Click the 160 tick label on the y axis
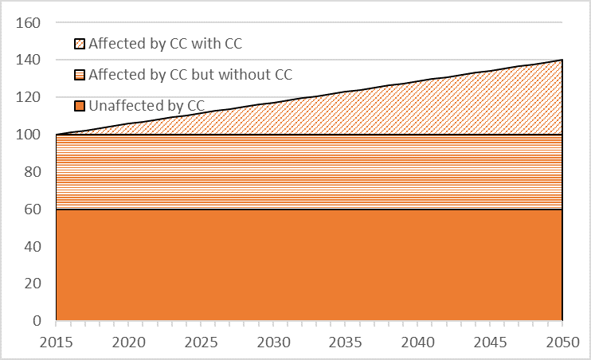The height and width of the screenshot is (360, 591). pos(29,23)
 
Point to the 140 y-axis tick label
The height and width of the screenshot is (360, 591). pos(29,61)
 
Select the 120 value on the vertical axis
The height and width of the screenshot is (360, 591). pos(29,97)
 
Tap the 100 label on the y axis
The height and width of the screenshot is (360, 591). pos(29,135)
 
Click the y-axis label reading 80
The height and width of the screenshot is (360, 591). pos(33,172)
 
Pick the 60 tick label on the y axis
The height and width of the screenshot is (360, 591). pos(33,209)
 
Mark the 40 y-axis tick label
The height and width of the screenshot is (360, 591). pos(33,247)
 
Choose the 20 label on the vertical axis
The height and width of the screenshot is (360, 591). pos(33,284)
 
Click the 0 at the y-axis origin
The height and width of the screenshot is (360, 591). pos(37,321)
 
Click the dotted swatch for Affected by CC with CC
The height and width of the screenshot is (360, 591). pos(80,44)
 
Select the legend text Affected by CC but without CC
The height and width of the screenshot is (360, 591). pos(190,75)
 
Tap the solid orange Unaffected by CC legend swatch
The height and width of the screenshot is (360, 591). pos(80,106)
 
